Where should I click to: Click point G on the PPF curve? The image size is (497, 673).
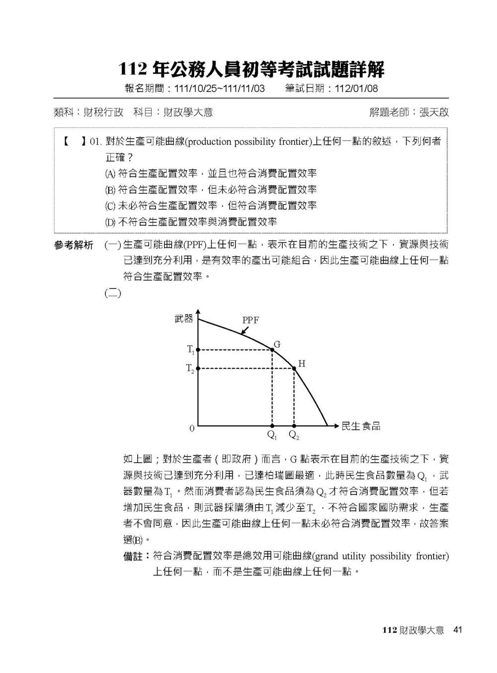point(272,350)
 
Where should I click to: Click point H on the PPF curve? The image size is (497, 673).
point(294,368)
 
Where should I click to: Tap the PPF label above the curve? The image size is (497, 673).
point(250,320)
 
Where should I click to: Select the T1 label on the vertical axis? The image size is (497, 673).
point(191,350)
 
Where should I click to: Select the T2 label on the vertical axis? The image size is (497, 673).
point(190,368)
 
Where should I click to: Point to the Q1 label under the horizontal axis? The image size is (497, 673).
point(272,435)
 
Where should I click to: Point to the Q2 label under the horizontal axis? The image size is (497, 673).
point(294,435)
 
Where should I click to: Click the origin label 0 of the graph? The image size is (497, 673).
point(192,428)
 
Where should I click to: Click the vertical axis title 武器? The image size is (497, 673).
point(183,319)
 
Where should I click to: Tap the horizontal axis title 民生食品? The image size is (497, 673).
point(361,426)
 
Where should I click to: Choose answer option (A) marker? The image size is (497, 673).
point(110,174)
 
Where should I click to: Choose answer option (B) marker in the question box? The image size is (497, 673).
point(110,190)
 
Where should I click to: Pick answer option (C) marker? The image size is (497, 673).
point(110,206)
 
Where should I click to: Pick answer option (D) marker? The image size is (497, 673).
point(110,222)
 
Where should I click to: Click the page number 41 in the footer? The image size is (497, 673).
point(458,630)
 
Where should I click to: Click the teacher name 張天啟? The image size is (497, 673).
point(434,112)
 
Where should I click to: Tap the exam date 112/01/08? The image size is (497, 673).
point(356,89)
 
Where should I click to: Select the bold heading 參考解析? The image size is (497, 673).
point(74,245)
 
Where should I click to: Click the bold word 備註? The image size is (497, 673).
point(133,556)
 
